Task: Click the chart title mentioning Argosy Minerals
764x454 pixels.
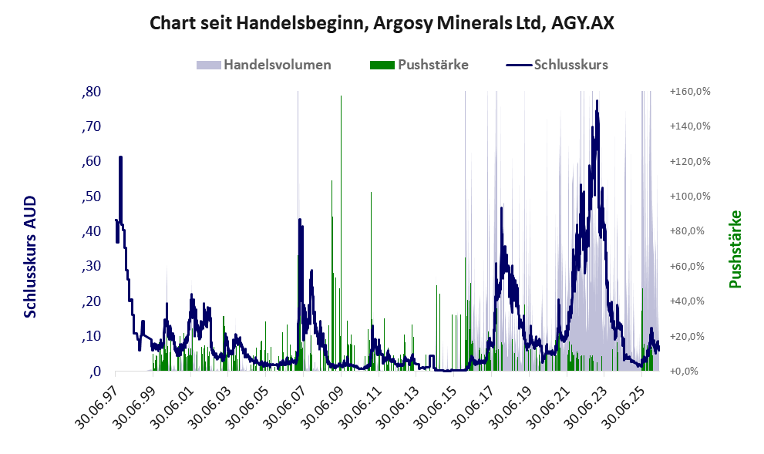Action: click(x=382, y=22)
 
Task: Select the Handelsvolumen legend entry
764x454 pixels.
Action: click(x=264, y=65)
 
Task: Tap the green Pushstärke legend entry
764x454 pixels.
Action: click(x=419, y=65)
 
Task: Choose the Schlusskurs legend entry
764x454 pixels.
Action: click(x=557, y=65)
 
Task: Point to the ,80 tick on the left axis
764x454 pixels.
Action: click(x=91, y=92)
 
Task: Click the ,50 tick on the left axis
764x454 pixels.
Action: click(x=91, y=197)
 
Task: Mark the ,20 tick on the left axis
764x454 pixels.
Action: click(x=91, y=301)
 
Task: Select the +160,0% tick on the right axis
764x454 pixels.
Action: click(x=690, y=92)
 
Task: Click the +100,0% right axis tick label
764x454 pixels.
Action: click(x=690, y=197)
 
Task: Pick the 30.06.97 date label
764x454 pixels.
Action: click(x=99, y=405)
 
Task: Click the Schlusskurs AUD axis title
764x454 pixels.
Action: click(x=30, y=257)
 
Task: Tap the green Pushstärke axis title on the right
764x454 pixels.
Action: click(x=735, y=249)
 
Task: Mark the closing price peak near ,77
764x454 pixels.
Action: click(x=597, y=101)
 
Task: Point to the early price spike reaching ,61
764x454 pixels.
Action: click(x=120, y=156)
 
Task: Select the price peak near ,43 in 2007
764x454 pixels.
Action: click(x=300, y=220)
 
